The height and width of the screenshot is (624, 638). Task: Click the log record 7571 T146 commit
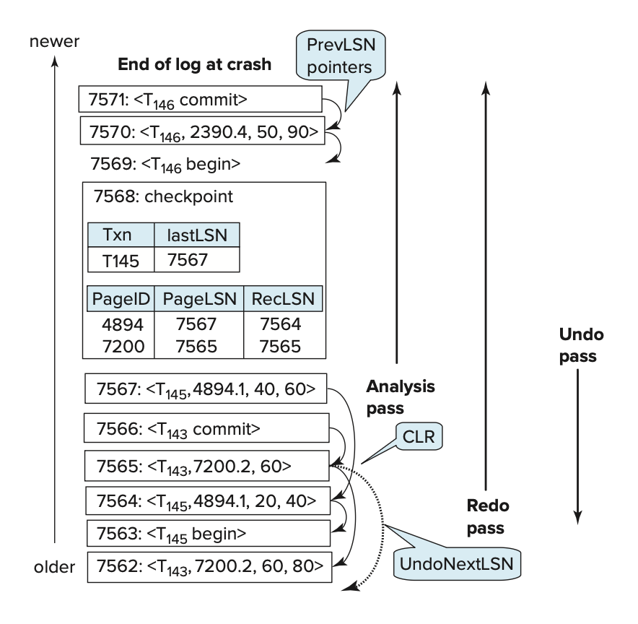click(199, 99)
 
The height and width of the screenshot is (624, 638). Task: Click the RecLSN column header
click(282, 299)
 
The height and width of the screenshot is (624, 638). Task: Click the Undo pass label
click(581, 347)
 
